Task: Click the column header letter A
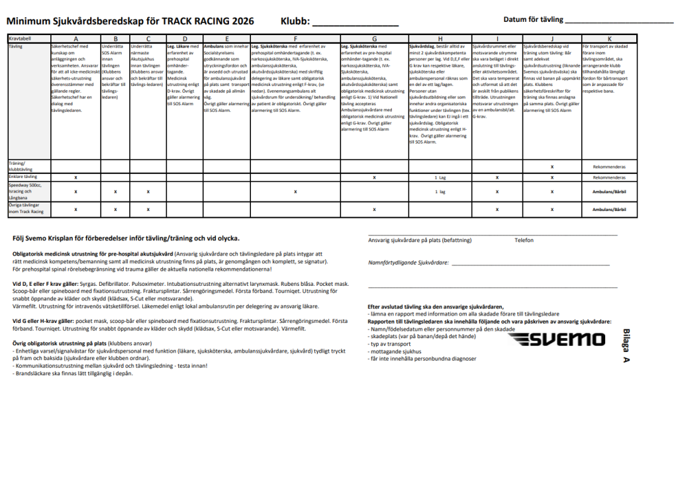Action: [x=75, y=39]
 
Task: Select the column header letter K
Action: [x=609, y=39]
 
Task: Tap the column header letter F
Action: [x=295, y=39]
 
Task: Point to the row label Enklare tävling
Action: [x=23, y=177]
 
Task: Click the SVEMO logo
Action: [x=558, y=339]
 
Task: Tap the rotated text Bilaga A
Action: [x=626, y=345]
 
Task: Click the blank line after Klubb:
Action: [x=355, y=22]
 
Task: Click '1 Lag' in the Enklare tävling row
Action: [x=440, y=178]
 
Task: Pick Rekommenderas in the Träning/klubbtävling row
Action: [x=609, y=167]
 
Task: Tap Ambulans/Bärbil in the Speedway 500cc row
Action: [x=609, y=192]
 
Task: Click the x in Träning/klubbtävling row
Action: [x=552, y=167]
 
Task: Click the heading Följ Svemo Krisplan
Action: [x=126, y=238]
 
